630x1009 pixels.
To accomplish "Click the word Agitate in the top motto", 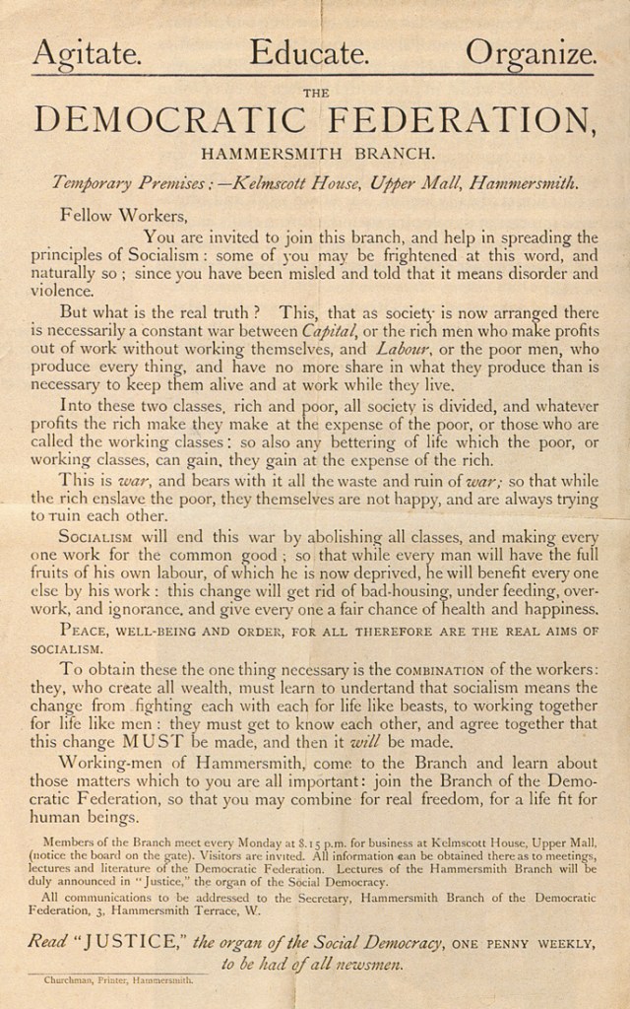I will (x=87, y=52).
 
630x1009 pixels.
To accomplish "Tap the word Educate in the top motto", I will (x=308, y=52).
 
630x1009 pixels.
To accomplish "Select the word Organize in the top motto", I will (x=531, y=52).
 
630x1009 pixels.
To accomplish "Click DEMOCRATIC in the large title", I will (x=169, y=120).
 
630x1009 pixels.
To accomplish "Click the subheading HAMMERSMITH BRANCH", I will (x=316, y=154).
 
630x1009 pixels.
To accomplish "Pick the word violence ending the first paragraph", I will (x=63, y=291).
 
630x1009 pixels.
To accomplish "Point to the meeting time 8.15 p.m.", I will (x=367, y=844).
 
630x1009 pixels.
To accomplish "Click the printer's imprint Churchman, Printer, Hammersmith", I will (x=119, y=980).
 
